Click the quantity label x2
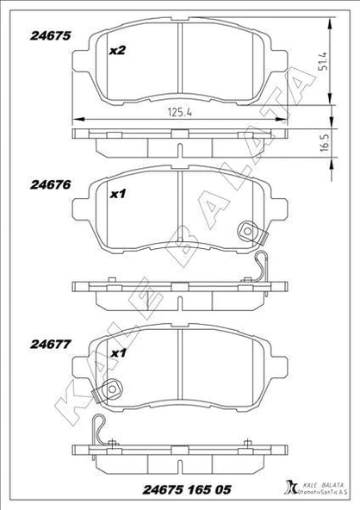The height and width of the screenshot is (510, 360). (117, 51)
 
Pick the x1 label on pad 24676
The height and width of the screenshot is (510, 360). (117, 195)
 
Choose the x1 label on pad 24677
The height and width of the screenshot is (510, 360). (117, 353)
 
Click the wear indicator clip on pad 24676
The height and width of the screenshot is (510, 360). (250, 233)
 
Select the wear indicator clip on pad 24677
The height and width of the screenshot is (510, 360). (109, 392)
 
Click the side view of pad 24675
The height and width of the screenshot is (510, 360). (179, 138)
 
